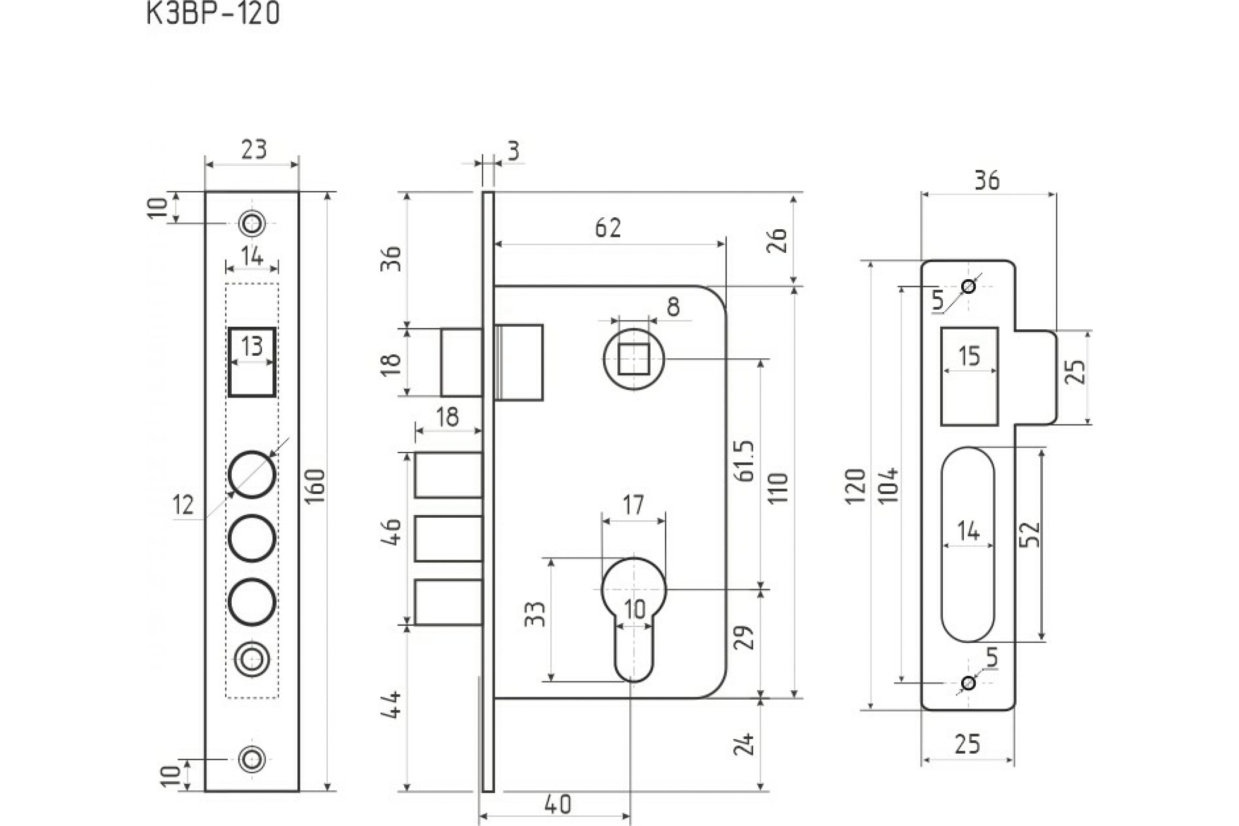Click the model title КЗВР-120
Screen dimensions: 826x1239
click(x=212, y=14)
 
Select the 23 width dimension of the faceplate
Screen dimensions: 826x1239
click(x=254, y=150)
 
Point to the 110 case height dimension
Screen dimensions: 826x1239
click(x=778, y=488)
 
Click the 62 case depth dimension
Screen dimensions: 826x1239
click(x=608, y=228)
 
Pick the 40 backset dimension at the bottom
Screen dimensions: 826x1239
click(x=558, y=804)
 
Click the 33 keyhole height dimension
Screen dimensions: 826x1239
click(x=535, y=614)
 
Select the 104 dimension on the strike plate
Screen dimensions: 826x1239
click(x=888, y=485)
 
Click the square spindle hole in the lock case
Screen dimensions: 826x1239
click(x=633, y=359)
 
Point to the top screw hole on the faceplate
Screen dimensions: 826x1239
click(x=252, y=224)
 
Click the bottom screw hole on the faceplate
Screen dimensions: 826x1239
click(x=252, y=759)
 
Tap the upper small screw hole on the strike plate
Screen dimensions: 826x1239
click(x=968, y=287)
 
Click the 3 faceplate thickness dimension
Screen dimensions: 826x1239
click(x=514, y=151)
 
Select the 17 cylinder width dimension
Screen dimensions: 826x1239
click(x=633, y=505)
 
